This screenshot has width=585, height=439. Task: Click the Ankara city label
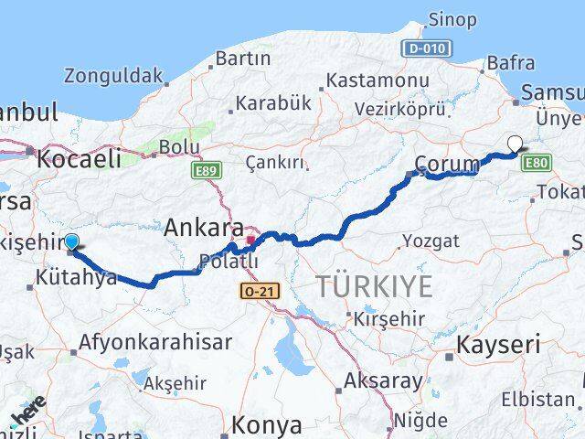[203, 229]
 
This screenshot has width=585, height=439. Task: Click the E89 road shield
[207, 170]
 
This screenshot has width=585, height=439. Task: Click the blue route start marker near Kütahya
[71, 242]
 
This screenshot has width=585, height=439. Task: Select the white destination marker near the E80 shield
[515, 144]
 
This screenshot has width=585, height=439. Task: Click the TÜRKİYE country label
[375, 286]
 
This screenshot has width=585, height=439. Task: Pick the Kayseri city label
[510, 346]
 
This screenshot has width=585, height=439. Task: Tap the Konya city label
[266, 424]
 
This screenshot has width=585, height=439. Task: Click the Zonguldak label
[113, 76]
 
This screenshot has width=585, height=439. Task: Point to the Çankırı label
[274, 163]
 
